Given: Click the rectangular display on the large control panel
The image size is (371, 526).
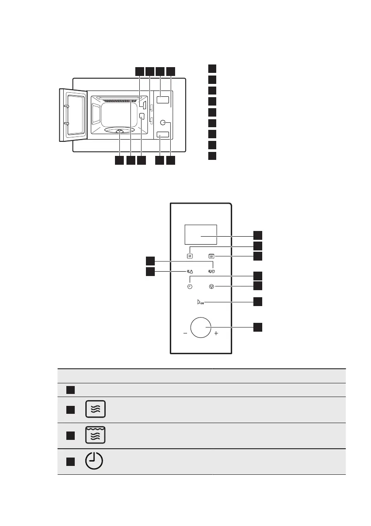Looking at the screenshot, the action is point(200,234).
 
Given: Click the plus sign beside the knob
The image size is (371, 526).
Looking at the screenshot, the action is point(216,334).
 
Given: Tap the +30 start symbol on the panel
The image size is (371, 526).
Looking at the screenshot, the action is point(200,303).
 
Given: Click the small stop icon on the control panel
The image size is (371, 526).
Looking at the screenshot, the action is point(211,287).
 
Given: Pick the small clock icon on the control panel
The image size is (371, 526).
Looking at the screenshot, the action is point(190,287).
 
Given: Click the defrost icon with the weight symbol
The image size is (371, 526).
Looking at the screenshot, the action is point(189,272).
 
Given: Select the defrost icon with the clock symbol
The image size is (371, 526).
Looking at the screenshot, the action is point(211,272).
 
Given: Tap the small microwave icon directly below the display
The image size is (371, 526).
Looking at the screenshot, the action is point(190,255).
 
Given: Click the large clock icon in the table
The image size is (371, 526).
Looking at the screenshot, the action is point(94,462).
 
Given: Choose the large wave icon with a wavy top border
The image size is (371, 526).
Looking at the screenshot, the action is point(97,435).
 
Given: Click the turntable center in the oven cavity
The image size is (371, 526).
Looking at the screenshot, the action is point(119,131).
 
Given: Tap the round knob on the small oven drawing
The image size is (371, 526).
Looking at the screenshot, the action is point(164,123).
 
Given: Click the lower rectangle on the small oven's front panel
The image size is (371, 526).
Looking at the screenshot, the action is point(164,135).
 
